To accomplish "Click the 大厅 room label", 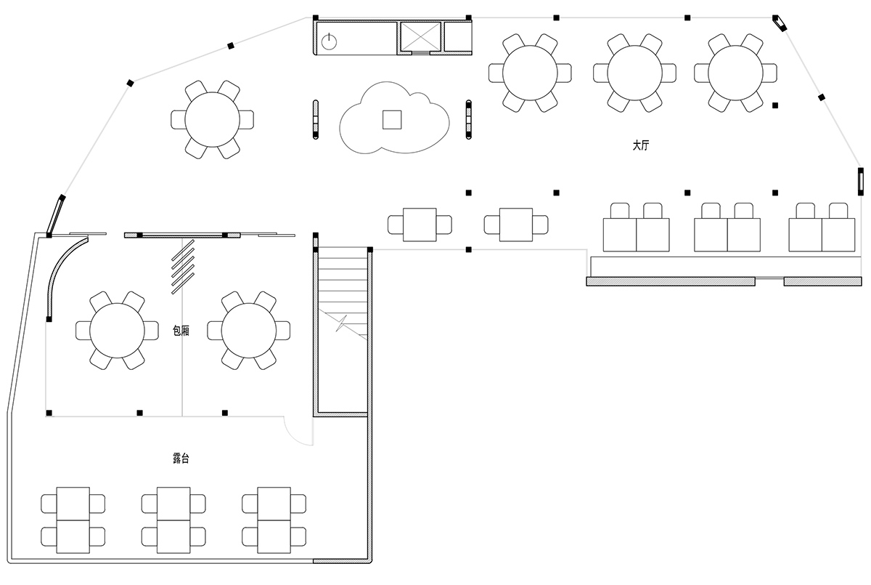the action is coord(641,145).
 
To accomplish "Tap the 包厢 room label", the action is coord(181,331).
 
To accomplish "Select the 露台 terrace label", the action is coord(181,458).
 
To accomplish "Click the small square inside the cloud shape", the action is coord(392,119).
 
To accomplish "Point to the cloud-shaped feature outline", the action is coord(394,118).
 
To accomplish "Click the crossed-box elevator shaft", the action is coord(421,36).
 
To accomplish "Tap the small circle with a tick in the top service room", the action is coord(329,42).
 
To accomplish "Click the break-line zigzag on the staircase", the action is coord(341,324).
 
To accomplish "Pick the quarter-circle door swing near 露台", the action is coord(298,431).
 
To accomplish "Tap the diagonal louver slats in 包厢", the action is coord(183,267).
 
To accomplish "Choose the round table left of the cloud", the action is coord(212,119).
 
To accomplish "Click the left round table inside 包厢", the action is coord(117,331).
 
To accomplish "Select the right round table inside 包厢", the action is coord(249,331).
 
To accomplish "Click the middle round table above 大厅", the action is coord(634,73).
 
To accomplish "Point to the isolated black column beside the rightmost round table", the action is coord(775,105).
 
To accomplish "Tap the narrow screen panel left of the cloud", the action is coord(315,119).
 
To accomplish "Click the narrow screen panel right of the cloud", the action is coord(469,119).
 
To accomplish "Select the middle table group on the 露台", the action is coord(173,520).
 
